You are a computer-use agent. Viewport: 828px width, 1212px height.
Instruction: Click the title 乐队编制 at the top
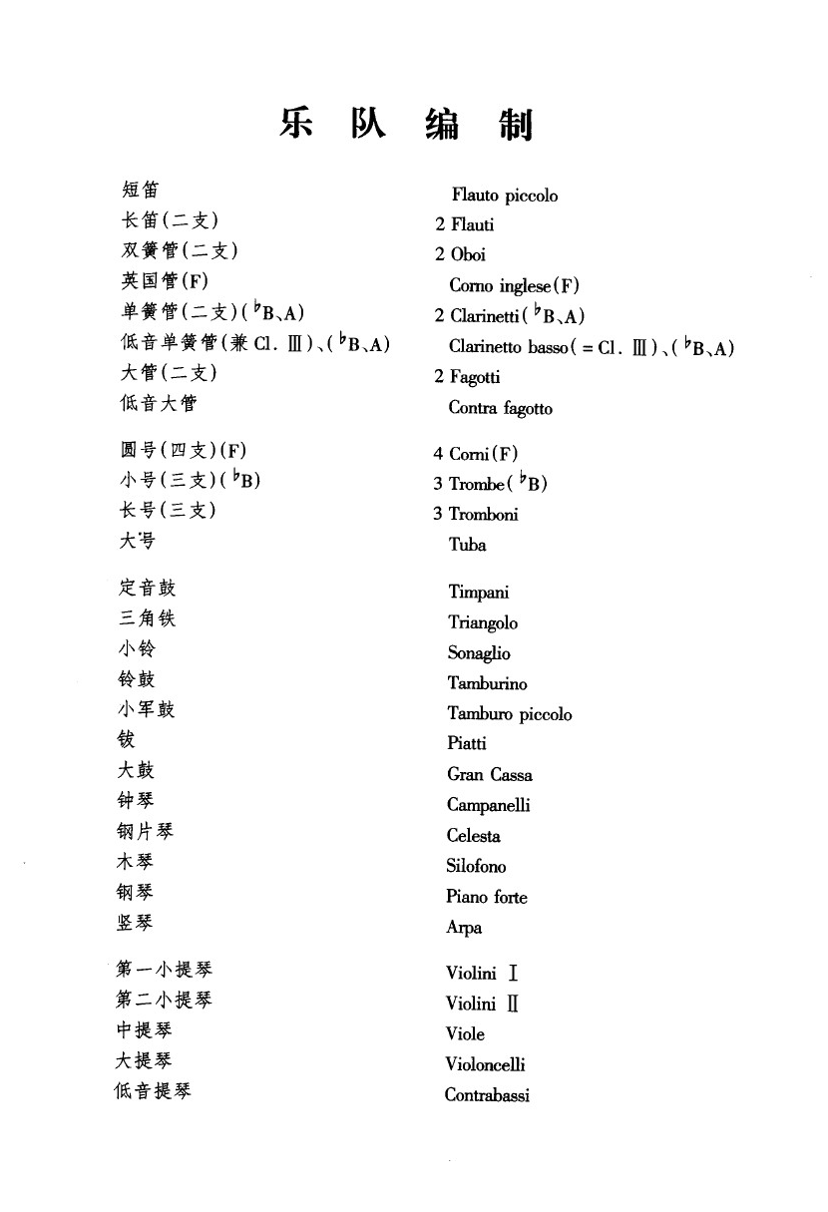[x=406, y=126]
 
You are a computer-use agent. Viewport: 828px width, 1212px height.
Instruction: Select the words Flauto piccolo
[x=504, y=196]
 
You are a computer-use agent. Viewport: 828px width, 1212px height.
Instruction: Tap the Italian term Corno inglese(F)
[x=514, y=286]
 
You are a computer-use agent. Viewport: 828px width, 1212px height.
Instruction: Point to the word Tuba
[x=467, y=545]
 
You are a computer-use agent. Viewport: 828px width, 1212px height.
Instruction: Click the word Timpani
[x=478, y=593]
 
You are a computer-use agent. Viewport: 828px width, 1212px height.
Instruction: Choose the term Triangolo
[x=483, y=622]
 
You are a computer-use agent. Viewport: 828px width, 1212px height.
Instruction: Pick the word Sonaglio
[x=478, y=653]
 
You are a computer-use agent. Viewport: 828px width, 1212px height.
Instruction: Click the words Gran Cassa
[x=489, y=775]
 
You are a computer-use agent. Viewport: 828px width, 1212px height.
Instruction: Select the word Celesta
[x=473, y=836]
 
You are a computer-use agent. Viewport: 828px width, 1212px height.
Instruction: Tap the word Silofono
[x=476, y=866]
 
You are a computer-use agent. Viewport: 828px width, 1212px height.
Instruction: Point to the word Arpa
[x=464, y=928]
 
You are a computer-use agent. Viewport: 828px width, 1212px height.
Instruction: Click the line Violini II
[x=482, y=1004]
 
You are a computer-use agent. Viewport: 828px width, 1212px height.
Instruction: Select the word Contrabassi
[x=487, y=1095]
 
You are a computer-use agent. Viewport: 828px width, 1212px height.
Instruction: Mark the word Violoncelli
[x=485, y=1064]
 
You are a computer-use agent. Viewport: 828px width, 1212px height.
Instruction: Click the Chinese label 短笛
[x=140, y=190]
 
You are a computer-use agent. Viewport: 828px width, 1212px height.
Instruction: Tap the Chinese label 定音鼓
[x=147, y=588]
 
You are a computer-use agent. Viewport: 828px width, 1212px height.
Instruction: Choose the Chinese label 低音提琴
[x=153, y=1090]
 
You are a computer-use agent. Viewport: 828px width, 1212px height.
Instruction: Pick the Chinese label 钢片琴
[x=145, y=831]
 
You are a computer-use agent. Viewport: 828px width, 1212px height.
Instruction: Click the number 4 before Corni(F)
[x=438, y=454]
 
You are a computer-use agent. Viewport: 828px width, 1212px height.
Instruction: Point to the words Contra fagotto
[x=500, y=408]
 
